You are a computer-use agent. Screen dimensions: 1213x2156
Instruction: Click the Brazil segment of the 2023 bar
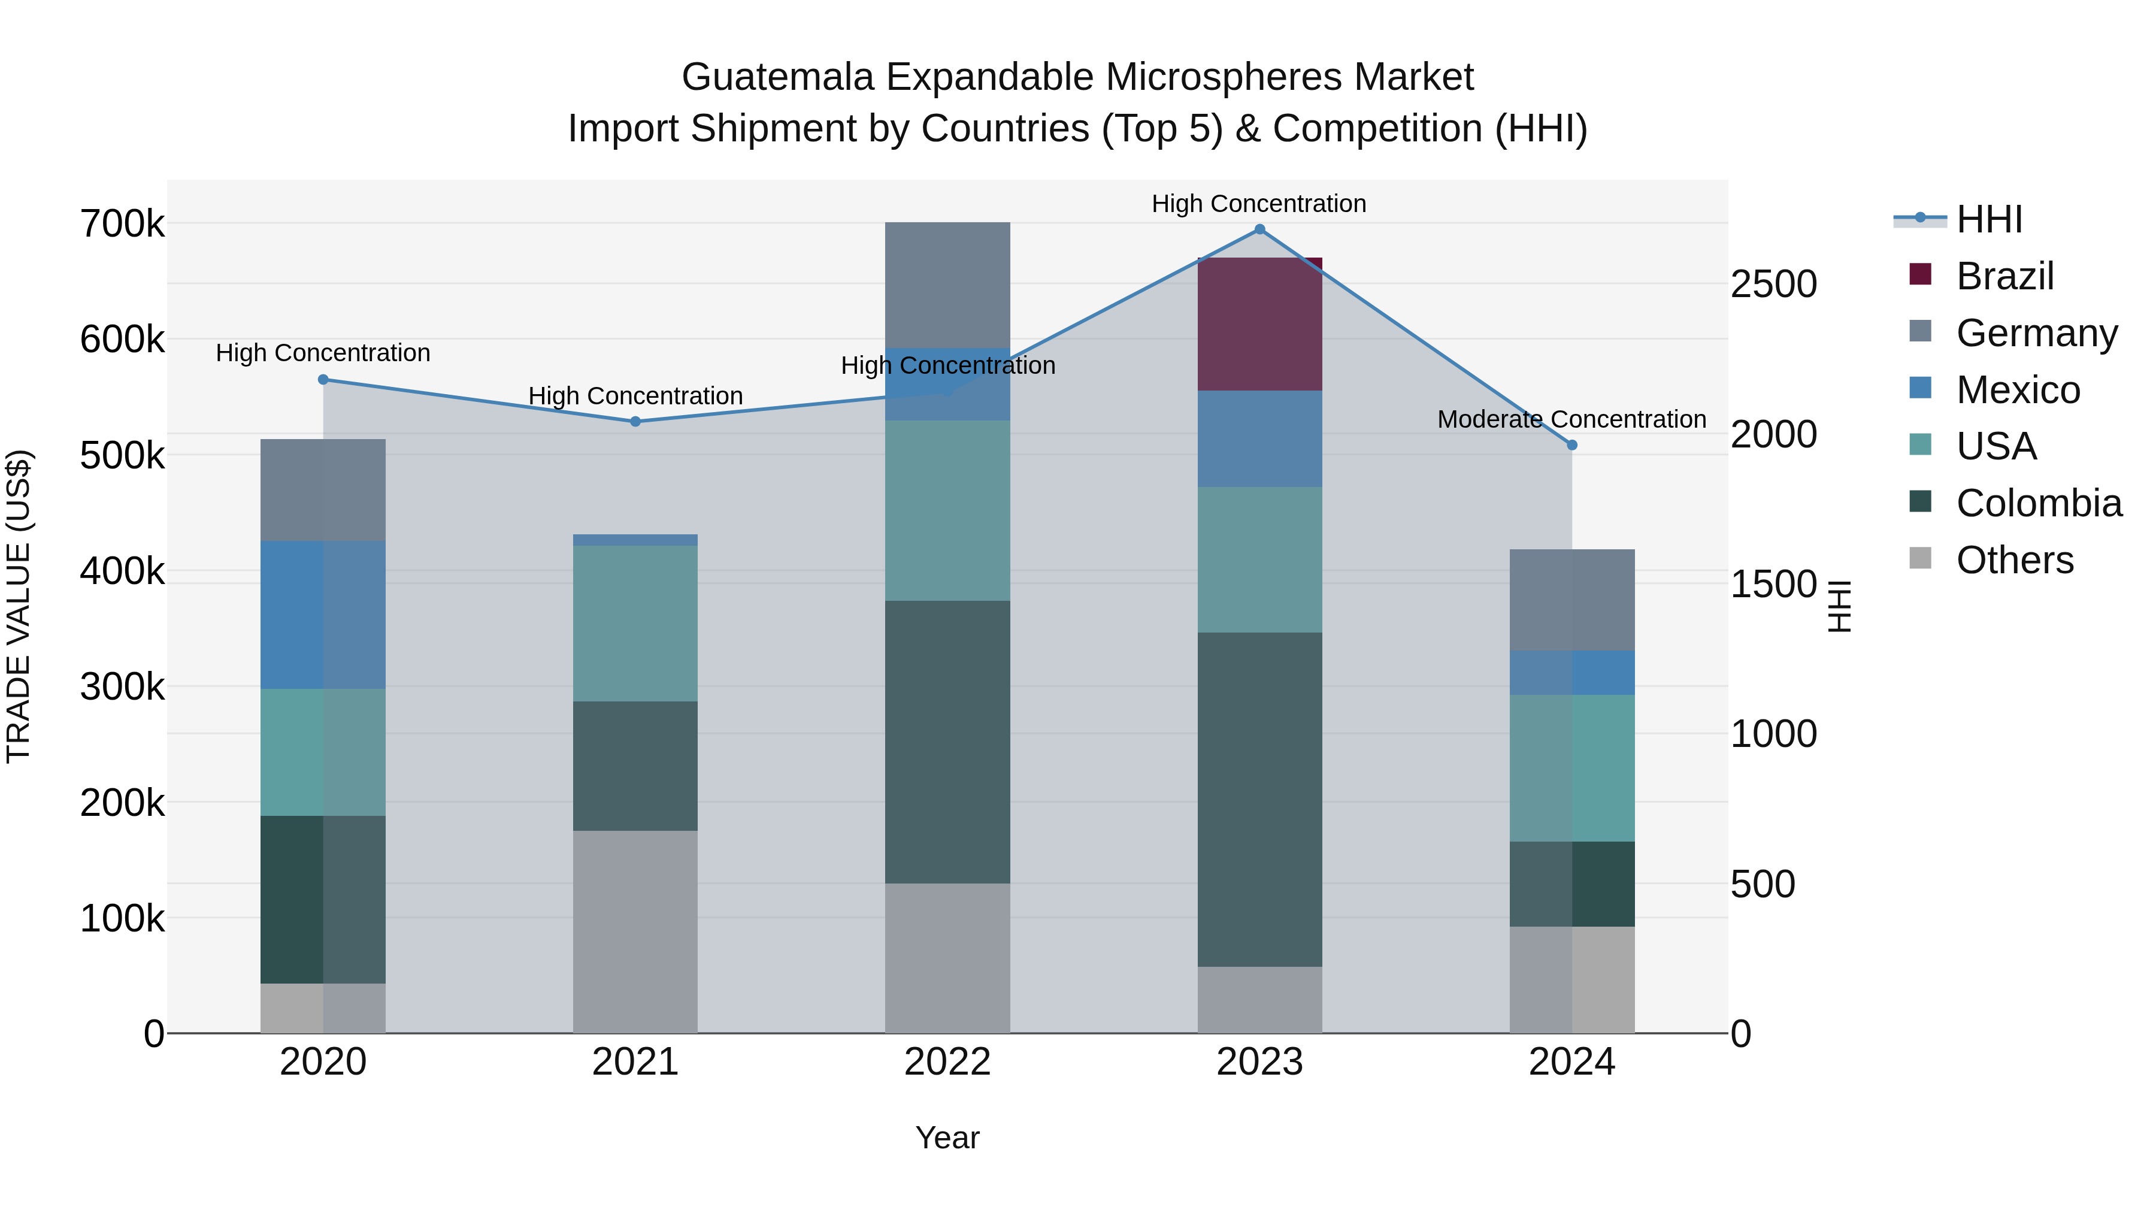point(1259,324)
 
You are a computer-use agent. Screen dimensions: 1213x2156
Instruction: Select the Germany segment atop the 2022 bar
point(947,285)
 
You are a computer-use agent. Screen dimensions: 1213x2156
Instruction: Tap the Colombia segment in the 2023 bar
point(1259,800)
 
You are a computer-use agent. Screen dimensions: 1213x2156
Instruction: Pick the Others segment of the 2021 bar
point(635,931)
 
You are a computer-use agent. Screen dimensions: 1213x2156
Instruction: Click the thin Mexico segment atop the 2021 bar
point(635,540)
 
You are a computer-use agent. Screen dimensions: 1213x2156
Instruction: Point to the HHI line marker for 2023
point(1259,229)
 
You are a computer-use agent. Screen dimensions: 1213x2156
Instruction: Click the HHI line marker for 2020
point(323,379)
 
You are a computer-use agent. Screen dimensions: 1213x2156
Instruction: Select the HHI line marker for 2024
point(1572,445)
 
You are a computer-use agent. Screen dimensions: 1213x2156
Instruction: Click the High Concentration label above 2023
point(1259,204)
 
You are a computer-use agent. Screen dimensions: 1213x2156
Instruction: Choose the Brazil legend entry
point(2004,276)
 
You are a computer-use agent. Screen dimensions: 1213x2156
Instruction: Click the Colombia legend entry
point(2038,503)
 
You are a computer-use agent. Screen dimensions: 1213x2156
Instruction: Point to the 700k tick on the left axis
point(122,225)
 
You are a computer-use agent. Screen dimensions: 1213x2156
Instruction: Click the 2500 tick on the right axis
point(1773,285)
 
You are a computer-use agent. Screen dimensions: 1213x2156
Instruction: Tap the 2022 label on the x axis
point(947,1062)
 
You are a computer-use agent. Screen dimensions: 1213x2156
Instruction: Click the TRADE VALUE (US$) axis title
point(19,606)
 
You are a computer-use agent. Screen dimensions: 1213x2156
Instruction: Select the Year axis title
point(947,1138)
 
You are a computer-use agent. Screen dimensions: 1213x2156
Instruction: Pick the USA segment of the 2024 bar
point(1572,768)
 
